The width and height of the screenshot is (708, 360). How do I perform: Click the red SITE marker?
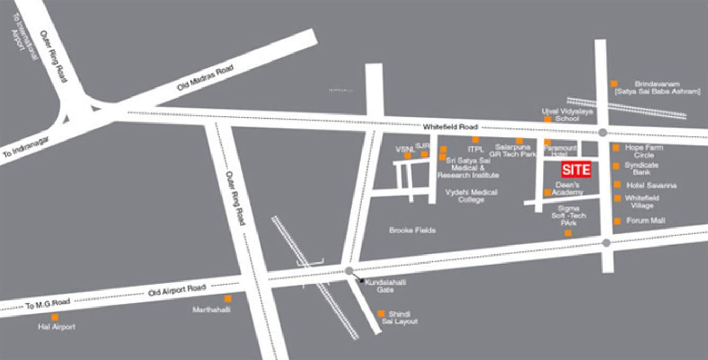(576, 170)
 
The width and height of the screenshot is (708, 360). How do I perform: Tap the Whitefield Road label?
(450, 127)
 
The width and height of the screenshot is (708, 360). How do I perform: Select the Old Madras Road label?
(205, 77)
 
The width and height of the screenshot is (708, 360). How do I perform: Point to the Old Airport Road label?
(177, 289)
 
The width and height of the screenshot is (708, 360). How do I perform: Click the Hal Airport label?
(57, 327)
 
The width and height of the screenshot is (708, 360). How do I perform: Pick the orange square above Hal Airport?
(55, 317)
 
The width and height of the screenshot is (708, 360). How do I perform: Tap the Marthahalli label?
(211, 310)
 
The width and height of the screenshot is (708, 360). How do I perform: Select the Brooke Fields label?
(412, 231)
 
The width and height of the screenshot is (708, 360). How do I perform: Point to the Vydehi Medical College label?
(471, 196)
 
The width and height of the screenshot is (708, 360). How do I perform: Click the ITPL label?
(475, 150)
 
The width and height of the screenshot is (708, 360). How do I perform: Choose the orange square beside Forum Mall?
(617, 221)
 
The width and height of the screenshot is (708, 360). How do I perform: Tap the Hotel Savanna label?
(651, 186)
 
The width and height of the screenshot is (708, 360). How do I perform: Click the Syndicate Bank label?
(641, 169)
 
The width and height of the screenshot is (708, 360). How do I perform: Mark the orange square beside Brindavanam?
(614, 83)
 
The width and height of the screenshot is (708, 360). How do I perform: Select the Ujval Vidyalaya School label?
(567, 115)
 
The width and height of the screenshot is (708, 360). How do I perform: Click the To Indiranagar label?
(26, 147)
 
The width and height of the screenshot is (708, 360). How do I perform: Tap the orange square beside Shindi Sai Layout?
(381, 313)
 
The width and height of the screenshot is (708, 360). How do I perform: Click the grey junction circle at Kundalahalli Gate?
(349, 270)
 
